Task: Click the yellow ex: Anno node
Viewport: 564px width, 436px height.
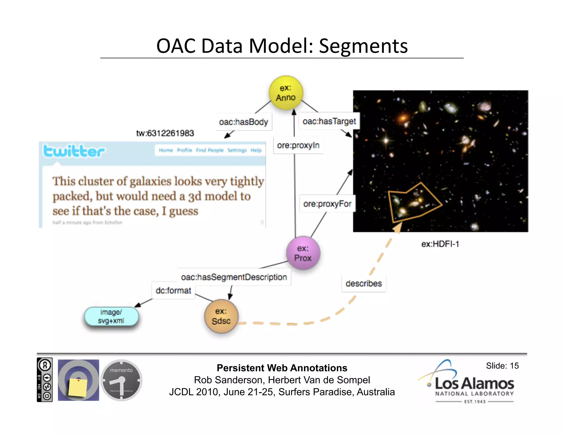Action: [286, 93]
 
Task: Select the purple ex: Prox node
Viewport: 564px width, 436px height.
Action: [303, 253]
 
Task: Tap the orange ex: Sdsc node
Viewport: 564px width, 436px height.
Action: [221, 316]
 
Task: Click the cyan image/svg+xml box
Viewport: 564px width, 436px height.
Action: [111, 316]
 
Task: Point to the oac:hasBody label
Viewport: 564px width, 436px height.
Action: [243, 122]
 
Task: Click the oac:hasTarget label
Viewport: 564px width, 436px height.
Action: [329, 121]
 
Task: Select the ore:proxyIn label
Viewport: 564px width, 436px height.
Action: [298, 145]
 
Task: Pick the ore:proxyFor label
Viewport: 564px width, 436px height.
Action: [327, 204]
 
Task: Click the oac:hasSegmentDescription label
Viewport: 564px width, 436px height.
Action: [234, 277]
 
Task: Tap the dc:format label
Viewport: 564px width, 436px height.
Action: [173, 290]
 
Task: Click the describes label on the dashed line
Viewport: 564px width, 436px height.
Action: [364, 283]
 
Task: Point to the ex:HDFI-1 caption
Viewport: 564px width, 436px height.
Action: [440, 244]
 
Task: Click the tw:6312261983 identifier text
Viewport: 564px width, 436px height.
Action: [165, 133]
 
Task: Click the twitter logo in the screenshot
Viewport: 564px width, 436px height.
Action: [74, 151]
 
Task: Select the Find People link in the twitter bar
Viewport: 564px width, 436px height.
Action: [210, 150]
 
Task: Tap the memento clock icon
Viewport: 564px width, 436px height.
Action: [121, 380]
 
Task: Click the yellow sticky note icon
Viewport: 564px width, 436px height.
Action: [78, 387]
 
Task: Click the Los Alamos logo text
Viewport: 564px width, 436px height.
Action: [474, 383]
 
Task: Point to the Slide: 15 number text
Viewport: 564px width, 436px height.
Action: [502, 366]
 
